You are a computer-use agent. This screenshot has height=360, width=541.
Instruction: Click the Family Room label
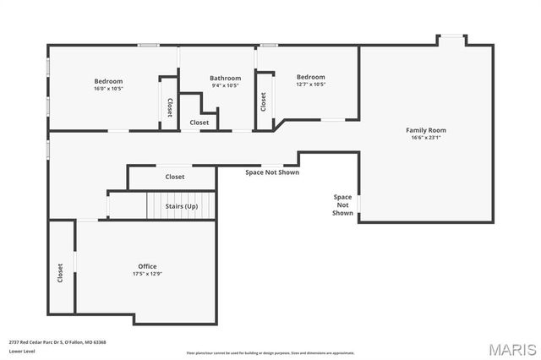(426, 130)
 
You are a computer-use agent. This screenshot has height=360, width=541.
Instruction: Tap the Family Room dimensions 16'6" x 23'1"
(426, 138)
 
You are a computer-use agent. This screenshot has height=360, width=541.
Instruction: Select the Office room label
(147, 266)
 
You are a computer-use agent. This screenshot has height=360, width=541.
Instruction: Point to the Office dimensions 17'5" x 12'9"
(147, 274)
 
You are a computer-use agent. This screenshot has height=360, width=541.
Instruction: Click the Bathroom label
(226, 78)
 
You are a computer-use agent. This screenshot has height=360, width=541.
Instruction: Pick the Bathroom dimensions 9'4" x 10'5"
(226, 85)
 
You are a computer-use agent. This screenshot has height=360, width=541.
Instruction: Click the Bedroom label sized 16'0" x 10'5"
(108, 80)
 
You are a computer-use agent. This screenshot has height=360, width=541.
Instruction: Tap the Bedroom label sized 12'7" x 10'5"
(310, 77)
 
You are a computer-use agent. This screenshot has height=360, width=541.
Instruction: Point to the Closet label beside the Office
(60, 273)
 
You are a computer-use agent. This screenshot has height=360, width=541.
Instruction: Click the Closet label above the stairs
(175, 177)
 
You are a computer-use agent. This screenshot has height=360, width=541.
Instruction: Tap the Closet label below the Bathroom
(199, 123)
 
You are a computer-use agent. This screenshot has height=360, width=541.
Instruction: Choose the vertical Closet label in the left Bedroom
(170, 107)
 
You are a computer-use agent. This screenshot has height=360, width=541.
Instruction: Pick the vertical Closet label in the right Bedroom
(264, 101)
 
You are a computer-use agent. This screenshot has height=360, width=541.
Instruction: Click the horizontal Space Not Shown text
(272, 172)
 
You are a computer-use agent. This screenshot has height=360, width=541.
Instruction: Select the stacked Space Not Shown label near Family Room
(342, 205)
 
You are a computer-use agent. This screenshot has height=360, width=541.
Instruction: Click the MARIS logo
(511, 349)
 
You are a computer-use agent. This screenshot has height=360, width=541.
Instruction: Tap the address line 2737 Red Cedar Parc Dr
(57, 342)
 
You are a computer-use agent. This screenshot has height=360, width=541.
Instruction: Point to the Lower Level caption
(22, 350)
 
